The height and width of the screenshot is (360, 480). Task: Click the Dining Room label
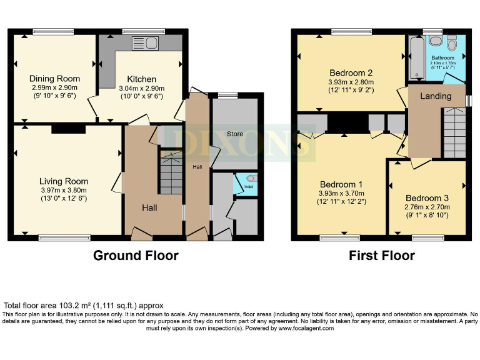55,78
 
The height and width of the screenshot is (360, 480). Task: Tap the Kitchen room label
141,79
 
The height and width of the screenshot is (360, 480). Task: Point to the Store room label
234,134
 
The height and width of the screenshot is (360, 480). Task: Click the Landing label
436,96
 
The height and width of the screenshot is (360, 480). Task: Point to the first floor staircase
454,132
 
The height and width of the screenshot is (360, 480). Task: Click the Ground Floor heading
136,255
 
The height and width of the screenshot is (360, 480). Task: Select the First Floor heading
381,255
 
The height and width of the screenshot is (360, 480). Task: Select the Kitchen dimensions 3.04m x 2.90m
141,88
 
